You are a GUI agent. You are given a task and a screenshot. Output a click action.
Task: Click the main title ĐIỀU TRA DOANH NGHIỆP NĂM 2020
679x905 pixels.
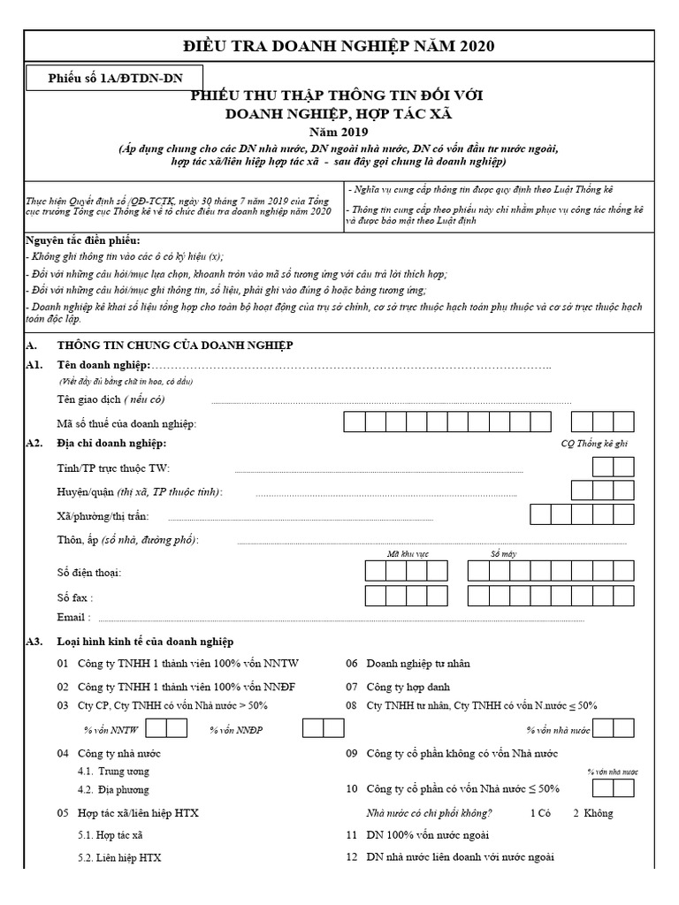point(339,46)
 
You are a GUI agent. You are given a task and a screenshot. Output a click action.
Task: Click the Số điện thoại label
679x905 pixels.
point(89,573)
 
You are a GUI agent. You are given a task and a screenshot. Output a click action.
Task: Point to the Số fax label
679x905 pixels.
point(74,598)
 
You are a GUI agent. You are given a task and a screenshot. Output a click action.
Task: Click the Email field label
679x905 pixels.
point(72,618)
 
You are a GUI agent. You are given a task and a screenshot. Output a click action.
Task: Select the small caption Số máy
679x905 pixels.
point(502,553)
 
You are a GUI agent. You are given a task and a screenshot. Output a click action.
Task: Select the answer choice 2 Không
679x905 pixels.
point(592,813)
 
